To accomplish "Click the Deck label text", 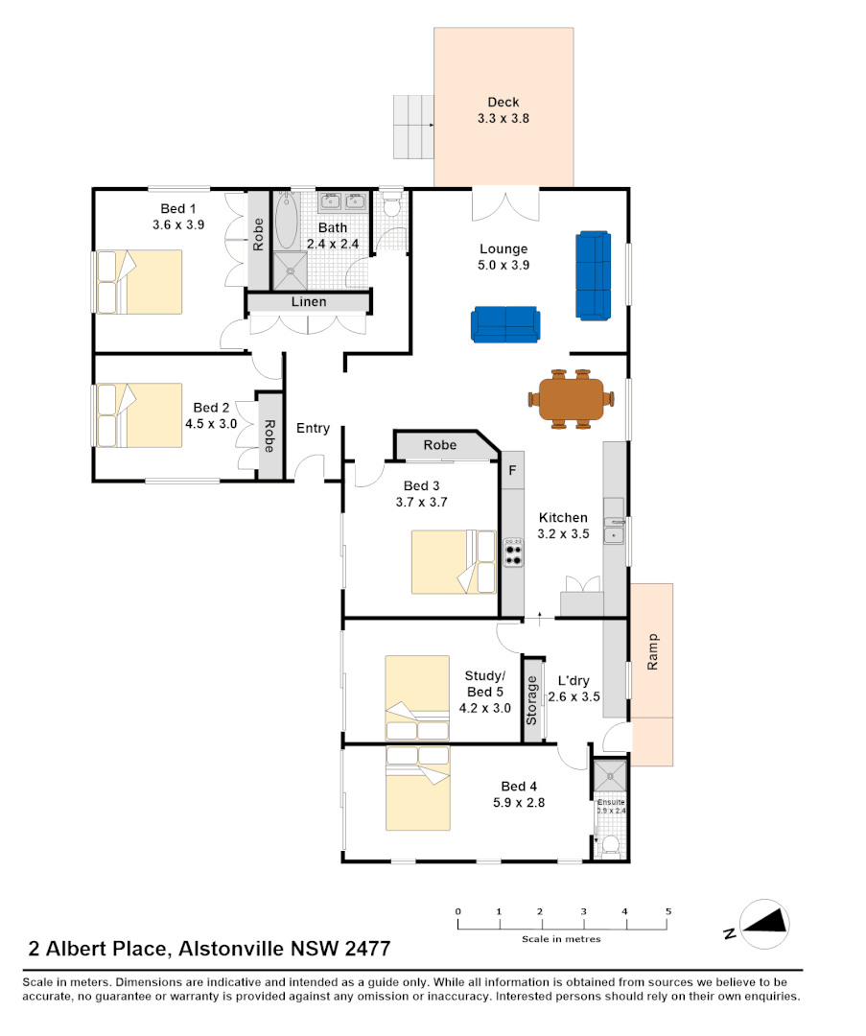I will click(x=503, y=103).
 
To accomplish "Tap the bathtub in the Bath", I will click(x=287, y=222).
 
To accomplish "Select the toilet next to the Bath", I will click(x=391, y=206).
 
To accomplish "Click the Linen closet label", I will click(x=308, y=302).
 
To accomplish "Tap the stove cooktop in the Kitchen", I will click(x=513, y=553).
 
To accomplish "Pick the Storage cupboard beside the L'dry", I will click(x=531, y=700).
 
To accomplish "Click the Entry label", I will click(x=313, y=429).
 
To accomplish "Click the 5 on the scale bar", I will click(x=668, y=911).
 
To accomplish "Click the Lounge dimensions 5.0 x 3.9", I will click(x=503, y=266).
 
